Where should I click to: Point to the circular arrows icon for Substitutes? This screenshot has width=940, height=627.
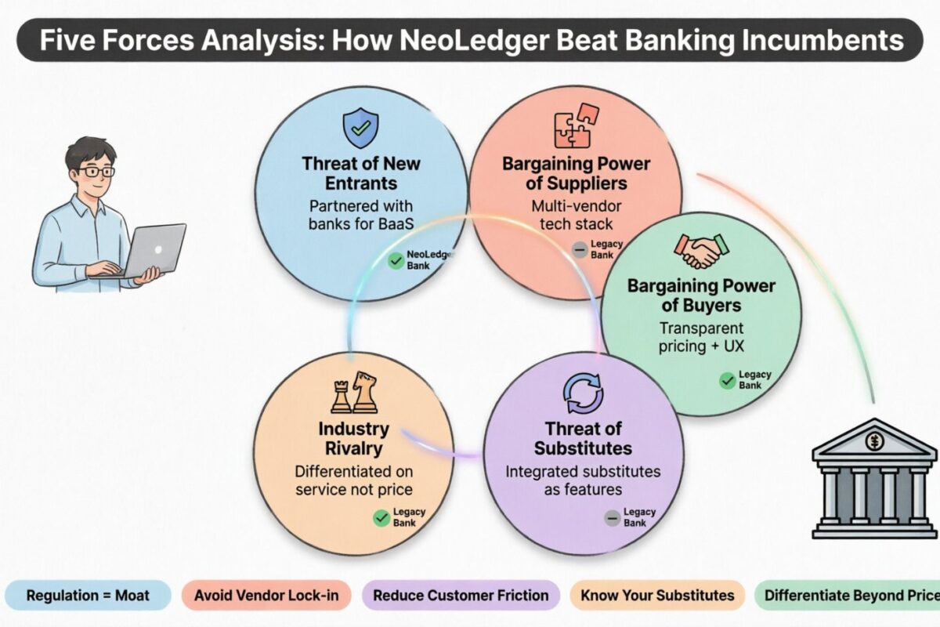(584, 393)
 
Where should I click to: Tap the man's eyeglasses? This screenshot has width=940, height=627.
(93, 171)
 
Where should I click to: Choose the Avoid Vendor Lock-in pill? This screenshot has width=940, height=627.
(266, 595)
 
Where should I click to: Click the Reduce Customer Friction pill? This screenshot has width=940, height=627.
(461, 595)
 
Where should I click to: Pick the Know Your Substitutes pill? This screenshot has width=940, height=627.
(657, 595)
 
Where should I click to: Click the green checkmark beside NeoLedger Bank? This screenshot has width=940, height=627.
(396, 261)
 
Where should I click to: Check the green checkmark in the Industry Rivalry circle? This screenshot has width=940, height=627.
(381, 517)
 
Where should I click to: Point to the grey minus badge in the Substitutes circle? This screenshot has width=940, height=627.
(612, 517)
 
